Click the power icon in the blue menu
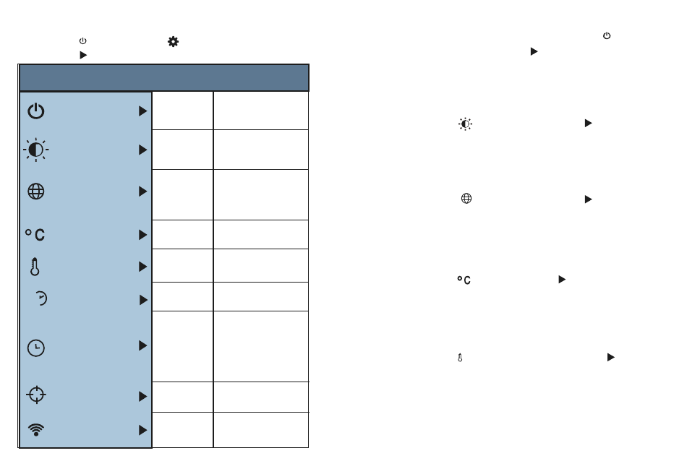point(36,111)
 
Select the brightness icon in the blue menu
point(36,150)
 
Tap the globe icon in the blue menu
point(36,191)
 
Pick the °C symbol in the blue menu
point(35,235)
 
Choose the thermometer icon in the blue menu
point(35,267)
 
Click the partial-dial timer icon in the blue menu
point(40,299)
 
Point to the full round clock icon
point(36,348)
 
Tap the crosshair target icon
point(36,395)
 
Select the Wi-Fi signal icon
point(36,429)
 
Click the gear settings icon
point(173,42)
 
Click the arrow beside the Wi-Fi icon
point(142,430)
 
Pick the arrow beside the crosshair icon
point(142,397)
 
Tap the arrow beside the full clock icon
point(142,346)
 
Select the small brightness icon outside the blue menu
point(465,124)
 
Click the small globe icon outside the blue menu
point(466,199)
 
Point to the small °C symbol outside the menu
point(464,280)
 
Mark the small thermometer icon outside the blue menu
point(460,358)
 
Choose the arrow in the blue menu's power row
point(142,111)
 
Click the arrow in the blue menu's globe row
point(142,191)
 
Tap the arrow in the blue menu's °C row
point(142,235)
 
